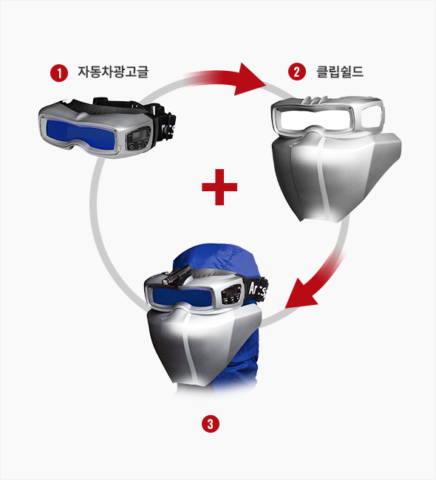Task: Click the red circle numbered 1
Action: (x=59, y=73)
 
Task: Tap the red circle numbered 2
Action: (x=297, y=72)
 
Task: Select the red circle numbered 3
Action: (x=211, y=424)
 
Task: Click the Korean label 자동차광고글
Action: (x=113, y=72)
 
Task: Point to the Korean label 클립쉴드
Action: (x=340, y=72)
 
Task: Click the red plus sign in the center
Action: (x=219, y=187)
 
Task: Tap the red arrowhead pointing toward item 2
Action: (x=250, y=80)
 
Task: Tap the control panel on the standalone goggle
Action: (x=138, y=139)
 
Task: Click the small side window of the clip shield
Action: (x=371, y=116)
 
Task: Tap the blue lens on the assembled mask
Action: (x=181, y=295)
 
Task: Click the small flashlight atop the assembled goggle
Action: (x=176, y=275)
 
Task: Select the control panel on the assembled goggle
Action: (x=232, y=295)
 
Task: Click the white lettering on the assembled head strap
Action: (x=258, y=289)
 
